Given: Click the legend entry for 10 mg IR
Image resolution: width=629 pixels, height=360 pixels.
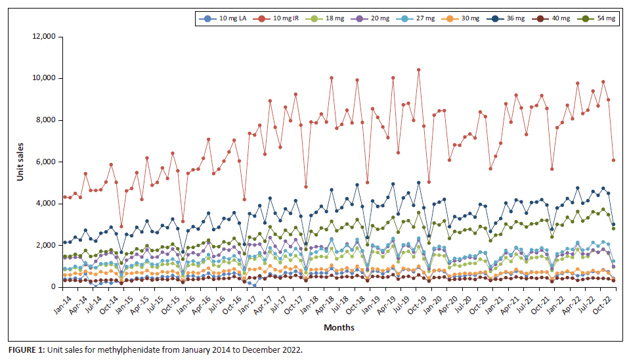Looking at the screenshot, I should tap(284, 19).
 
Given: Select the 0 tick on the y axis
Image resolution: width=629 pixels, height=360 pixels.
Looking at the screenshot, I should tap(54, 287).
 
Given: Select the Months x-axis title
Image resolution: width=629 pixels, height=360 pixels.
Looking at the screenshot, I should tap(339, 327).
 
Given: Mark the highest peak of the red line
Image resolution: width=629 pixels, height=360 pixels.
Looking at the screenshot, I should tap(418, 70).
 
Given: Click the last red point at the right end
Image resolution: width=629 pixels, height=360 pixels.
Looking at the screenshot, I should tap(613, 160).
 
